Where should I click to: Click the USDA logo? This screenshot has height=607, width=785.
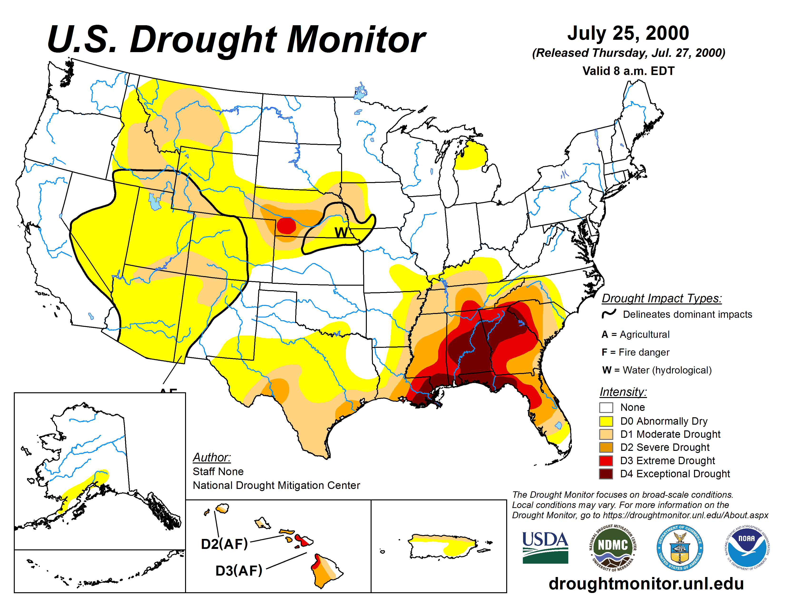pos(545,547)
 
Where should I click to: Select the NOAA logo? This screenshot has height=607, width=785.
pos(746,547)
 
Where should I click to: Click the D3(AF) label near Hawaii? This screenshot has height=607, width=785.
pos(239,571)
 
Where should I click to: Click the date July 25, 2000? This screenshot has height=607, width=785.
pos(628,33)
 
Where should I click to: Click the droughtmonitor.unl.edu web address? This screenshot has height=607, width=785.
pos(646,584)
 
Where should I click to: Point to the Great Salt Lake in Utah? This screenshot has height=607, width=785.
pos(155,202)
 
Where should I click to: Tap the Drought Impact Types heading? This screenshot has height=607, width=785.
pos(661,299)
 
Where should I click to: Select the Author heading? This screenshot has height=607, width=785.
pos(212,458)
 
